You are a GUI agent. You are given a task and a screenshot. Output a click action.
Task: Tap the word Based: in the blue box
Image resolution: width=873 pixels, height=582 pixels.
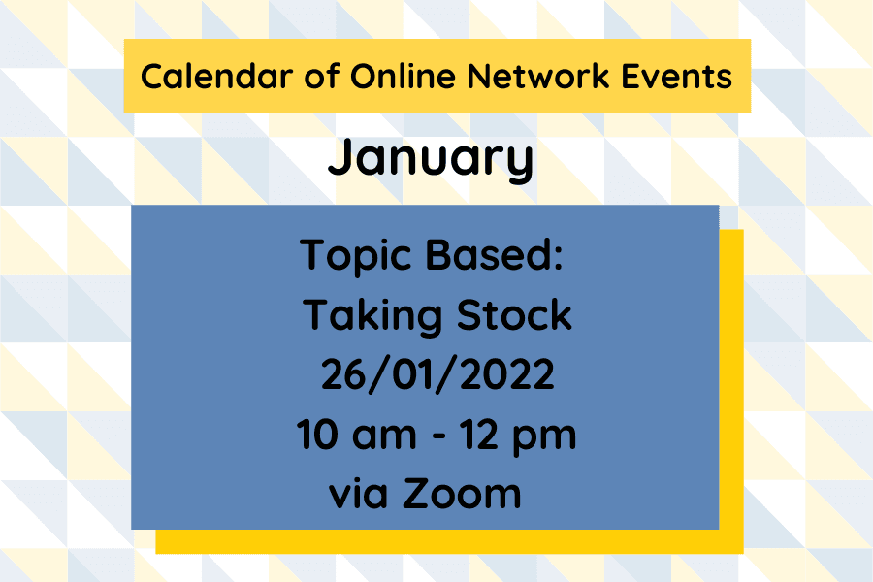click(500, 256)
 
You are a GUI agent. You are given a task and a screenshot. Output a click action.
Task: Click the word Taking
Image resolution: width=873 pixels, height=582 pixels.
click(367, 316)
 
